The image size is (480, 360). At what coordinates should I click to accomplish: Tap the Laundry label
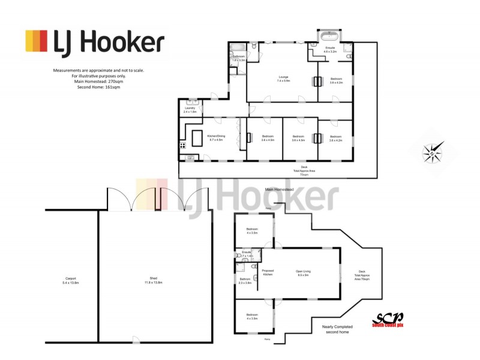(190, 109)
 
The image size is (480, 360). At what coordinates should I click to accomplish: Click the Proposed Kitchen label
(268, 273)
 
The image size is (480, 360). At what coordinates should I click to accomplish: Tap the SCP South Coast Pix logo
(387, 320)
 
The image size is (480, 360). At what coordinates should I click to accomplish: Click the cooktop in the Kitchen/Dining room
(181, 146)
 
